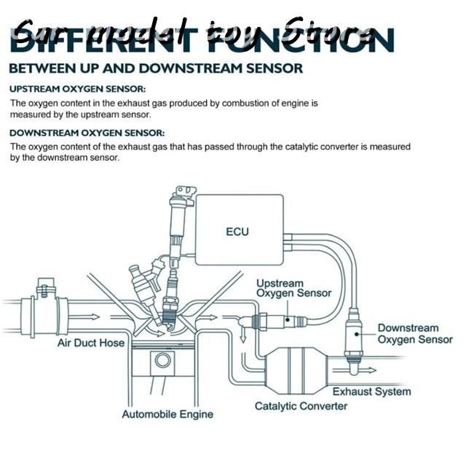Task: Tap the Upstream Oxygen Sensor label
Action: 293,288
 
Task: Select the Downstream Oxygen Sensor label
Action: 415,333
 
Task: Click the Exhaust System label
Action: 371,391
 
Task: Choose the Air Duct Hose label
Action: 91,342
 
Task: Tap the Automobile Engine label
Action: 167,414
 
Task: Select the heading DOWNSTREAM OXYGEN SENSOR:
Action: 87,133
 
